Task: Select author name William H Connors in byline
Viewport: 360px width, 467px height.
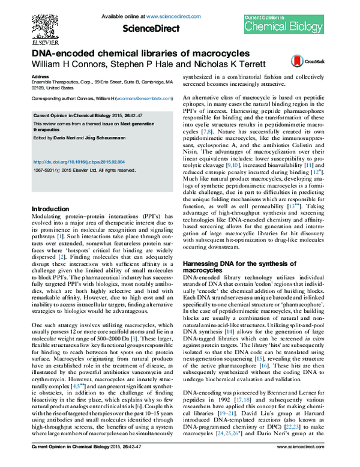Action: (62, 63)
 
